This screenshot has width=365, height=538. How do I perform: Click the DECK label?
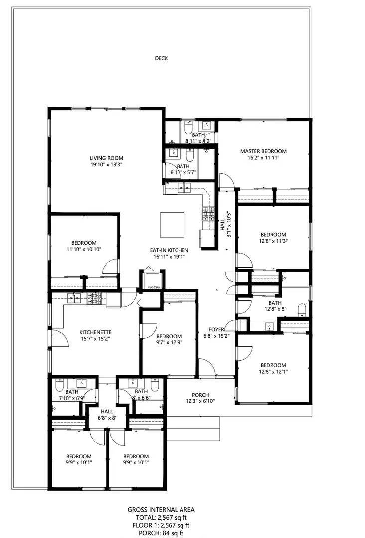click(x=161, y=58)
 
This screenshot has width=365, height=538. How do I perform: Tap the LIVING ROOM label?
click(x=106, y=158)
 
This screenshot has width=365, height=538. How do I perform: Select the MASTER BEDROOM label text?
click(x=263, y=151)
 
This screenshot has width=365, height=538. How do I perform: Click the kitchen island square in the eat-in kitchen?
click(x=172, y=225)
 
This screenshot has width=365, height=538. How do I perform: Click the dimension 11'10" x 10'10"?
click(x=84, y=250)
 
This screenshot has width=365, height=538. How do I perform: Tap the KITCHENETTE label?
click(x=95, y=332)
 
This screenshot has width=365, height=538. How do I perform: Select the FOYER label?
click(x=216, y=329)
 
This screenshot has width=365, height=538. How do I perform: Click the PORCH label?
click(x=200, y=395)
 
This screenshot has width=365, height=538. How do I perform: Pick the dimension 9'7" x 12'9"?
click(x=169, y=343)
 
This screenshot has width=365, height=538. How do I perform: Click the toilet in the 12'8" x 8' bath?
click(x=301, y=311)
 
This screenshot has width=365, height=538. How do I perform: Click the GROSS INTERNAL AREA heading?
click(x=161, y=509)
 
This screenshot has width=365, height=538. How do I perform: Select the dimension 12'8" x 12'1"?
click(x=273, y=371)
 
